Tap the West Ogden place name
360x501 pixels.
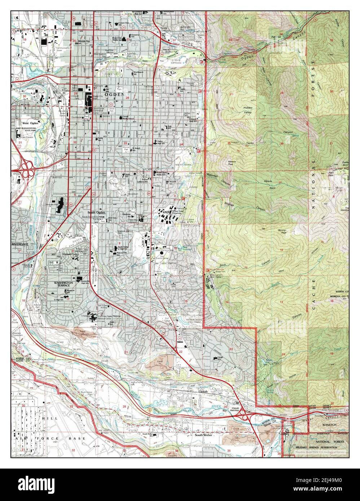click(29, 123)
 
